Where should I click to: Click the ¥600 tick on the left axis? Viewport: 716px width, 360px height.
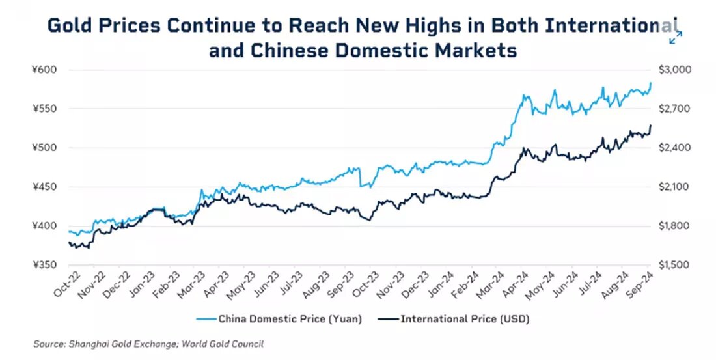pyautogui.click(x=50, y=70)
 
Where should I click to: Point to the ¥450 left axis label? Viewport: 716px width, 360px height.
pyautogui.click(x=50, y=187)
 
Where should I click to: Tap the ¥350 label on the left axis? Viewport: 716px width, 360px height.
pyautogui.click(x=50, y=266)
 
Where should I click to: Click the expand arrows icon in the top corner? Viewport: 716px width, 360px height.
pyautogui.click(x=676, y=37)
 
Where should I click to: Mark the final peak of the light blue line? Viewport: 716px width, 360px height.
pyautogui.click(x=651, y=83)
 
